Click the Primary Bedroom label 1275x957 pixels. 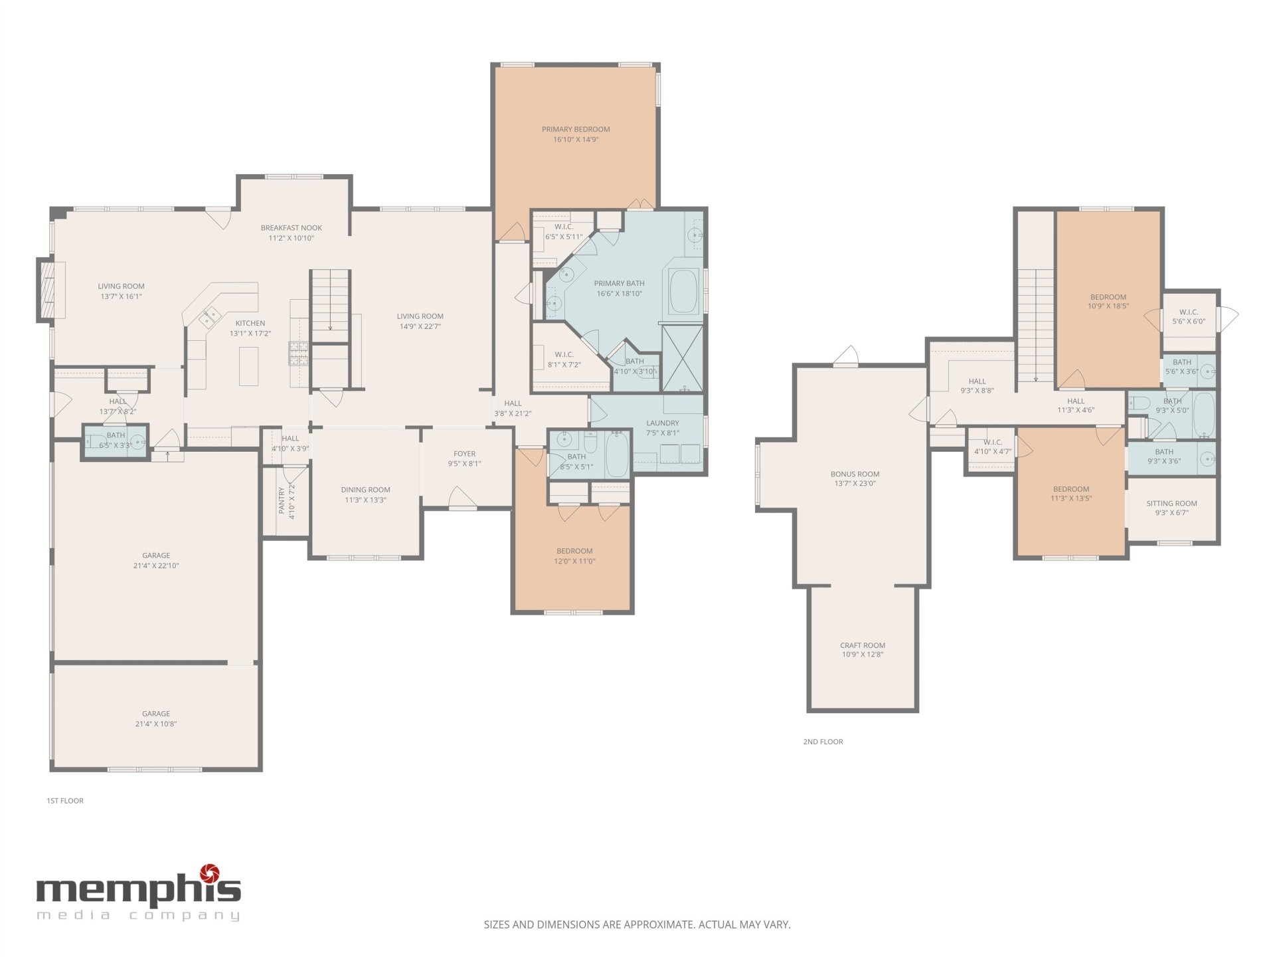tap(576, 130)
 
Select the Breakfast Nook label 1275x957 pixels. tap(291, 228)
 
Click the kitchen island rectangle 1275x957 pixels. tap(249, 366)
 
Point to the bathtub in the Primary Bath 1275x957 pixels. tap(684, 290)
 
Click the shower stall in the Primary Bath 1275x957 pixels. tap(682, 358)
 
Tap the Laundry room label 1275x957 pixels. tap(663, 423)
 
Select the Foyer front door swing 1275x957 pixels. tap(463, 497)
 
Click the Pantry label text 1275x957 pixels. tap(282, 500)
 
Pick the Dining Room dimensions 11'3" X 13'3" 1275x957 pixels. tap(365, 500)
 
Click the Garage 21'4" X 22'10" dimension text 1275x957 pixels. tap(156, 566)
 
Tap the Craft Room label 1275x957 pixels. tap(863, 645)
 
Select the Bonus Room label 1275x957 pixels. tap(855, 475)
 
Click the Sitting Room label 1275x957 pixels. tap(1171, 504)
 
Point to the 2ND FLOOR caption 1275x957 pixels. tap(823, 742)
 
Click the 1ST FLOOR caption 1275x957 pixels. tap(65, 801)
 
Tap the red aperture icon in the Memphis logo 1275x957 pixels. tap(210, 872)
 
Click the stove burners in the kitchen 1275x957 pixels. tap(298, 354)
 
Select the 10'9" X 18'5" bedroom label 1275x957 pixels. tap(1108, 306)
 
